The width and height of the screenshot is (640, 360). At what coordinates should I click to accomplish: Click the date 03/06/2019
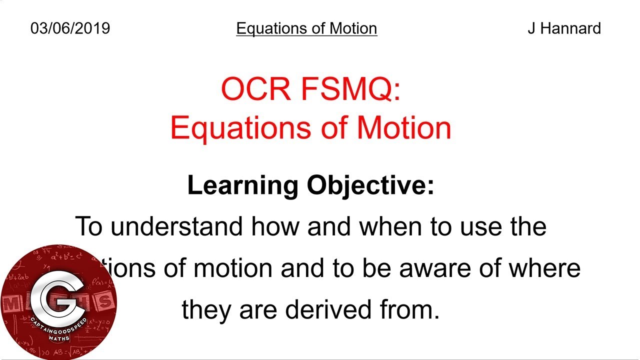pos(70,28)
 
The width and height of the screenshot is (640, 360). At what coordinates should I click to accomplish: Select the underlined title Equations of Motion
pos(306,28)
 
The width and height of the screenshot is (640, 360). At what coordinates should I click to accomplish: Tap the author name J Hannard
pos(564,28)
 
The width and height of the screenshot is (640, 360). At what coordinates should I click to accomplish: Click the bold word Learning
pos(242,185)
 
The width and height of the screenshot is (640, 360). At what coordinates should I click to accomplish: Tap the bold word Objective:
pos(370,185)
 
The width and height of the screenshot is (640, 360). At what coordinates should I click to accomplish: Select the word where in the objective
pos(544,268)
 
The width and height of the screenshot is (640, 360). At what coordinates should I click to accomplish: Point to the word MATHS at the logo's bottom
pos(59,338)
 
